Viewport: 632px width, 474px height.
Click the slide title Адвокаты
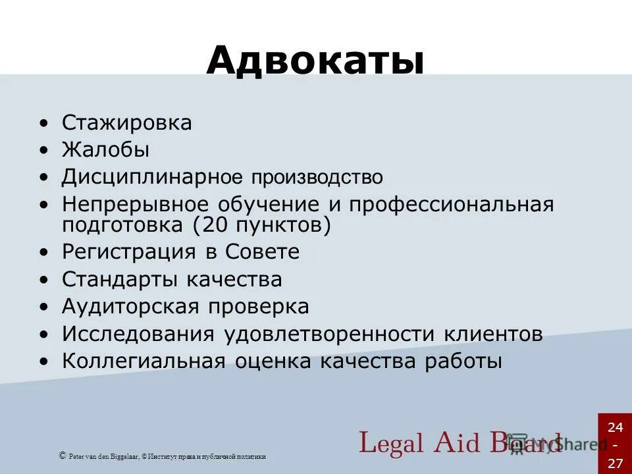click(x=315, y=61)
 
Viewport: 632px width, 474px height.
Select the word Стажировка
click(x=127, y=123)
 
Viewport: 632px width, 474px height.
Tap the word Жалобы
click(x=106, y=150)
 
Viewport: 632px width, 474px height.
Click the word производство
click(x=316, y=177)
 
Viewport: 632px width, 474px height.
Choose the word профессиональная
click(x=452, y=204)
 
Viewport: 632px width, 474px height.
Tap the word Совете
click(x=263, y=252)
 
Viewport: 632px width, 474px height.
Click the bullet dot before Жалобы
click(x=43, y=151)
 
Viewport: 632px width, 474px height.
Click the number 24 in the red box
click(x=615, y=428)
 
